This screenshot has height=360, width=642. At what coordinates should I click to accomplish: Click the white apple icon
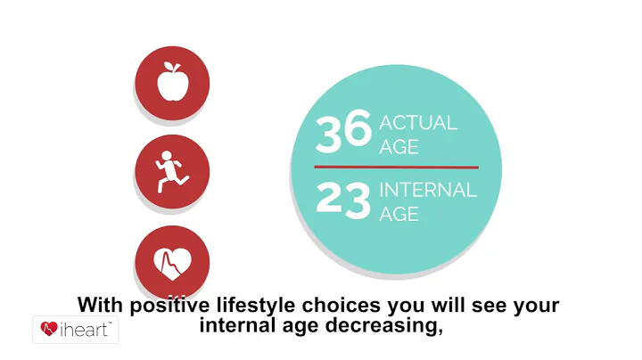[171, 84]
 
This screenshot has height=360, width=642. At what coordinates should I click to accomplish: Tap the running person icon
[171, 171]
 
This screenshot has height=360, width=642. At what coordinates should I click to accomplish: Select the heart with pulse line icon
[172, 263]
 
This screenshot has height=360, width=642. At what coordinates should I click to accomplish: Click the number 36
[343, 132]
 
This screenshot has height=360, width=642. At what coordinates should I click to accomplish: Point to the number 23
[343, 200]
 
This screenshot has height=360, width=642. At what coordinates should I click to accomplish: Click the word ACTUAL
[418, 123]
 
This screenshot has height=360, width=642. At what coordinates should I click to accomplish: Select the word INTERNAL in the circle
[427, 190]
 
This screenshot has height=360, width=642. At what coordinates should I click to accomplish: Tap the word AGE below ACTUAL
[399, 147]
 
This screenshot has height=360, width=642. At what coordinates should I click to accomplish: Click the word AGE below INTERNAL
[399, 215]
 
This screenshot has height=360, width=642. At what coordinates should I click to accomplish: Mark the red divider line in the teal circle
[396, 167]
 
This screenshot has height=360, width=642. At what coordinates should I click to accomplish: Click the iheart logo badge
[76, 330]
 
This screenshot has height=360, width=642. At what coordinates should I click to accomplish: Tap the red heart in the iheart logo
[50, 330]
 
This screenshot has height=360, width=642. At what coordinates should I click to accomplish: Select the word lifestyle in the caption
[251, 306]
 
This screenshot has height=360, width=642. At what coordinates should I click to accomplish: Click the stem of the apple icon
[172, 69]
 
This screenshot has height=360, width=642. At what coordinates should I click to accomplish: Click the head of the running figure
[168, 155]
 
